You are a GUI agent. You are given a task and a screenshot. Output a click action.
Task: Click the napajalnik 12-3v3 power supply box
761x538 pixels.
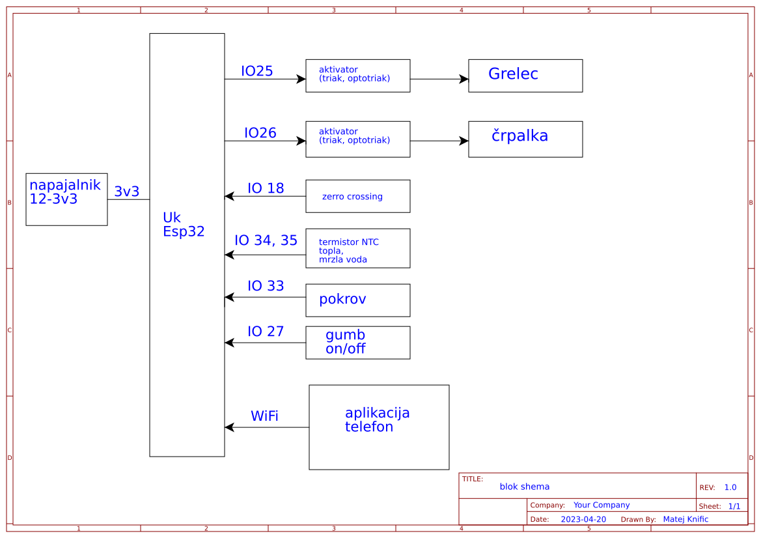point(66,199)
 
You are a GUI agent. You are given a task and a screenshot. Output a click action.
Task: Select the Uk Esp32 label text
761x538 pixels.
point(183,224)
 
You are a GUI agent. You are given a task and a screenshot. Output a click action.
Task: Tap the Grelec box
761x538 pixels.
point(525,76)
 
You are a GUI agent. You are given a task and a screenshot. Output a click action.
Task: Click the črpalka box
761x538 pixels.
point(525,139)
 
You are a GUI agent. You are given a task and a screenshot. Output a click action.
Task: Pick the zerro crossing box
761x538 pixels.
point(357,196)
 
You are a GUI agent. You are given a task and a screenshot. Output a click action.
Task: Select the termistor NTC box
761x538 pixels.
point(357,248)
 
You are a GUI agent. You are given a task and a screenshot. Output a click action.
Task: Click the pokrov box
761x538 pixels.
point(357,300)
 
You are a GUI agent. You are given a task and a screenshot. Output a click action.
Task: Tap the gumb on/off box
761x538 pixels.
point(357,343)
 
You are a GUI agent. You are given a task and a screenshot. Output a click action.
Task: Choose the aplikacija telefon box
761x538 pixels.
point(379,427)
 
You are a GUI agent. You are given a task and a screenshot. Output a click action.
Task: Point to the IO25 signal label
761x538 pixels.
point(256,72)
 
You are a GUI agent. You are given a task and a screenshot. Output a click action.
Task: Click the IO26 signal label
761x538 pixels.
point(260,134)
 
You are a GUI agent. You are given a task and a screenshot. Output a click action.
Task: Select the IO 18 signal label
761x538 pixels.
point(266,189)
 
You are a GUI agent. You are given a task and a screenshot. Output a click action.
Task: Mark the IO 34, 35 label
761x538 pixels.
point(266,241)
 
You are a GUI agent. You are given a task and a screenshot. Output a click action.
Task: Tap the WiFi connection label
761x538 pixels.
point(264,416)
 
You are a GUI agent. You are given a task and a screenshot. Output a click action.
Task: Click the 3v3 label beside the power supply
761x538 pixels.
point(126,191)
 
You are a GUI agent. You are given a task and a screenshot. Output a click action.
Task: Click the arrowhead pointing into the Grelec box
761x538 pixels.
point(464,79)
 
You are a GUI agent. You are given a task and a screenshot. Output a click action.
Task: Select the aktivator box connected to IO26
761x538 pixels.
point(357,139)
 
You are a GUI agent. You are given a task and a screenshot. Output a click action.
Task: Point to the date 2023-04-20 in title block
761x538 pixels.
point(583,519)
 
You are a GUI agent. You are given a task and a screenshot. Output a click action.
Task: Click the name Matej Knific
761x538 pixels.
point(685,519)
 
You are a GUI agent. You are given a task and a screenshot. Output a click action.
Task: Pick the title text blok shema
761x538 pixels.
point(524,487)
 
